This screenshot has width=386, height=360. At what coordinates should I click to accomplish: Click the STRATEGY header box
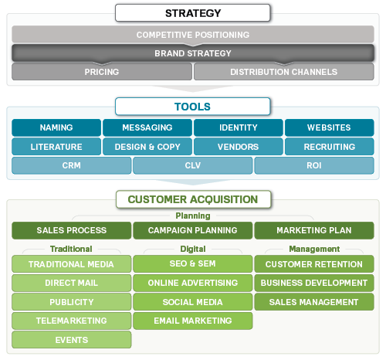coord(193,13)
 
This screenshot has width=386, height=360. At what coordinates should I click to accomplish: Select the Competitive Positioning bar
coord(193,35)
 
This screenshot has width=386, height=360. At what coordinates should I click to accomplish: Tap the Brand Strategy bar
coord(193,53)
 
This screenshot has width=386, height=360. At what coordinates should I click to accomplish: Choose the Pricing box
coord(101,72)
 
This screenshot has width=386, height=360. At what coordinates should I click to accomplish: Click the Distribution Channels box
coord(283,72)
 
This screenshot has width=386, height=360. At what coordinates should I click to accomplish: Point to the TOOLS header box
coord(193,107)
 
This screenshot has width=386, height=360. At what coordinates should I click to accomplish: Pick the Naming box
coord(56,127)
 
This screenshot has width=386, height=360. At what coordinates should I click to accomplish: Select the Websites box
coord(329,127)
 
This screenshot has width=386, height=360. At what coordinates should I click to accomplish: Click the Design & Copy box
coord(147,147)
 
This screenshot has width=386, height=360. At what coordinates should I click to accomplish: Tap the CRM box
coord(71,165)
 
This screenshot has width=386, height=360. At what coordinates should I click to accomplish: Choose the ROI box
coord(313,165)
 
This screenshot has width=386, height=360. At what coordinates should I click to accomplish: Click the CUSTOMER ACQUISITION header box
coord(193,199)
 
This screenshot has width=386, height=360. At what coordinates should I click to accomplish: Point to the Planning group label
coord(192,216)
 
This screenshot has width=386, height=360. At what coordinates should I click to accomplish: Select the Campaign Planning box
coord(192,230)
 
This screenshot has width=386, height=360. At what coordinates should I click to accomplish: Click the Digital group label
coord(192,250)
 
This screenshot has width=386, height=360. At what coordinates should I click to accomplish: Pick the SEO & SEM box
coord(192,264)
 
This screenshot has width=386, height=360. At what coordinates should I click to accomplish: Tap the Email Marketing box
coord(192,321)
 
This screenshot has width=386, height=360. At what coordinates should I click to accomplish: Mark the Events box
coord(71,340)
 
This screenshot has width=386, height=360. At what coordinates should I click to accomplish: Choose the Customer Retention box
coord(313,264)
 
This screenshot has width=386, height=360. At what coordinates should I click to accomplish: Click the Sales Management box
coord(313,302)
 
